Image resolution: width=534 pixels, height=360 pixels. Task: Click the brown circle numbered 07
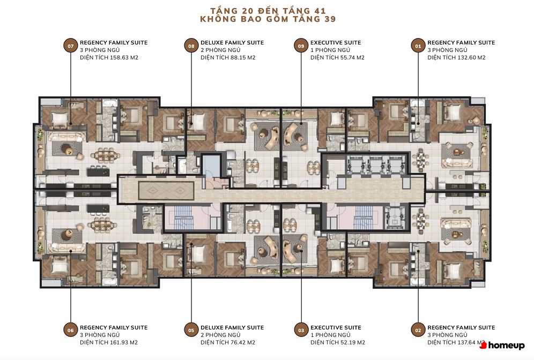tap(70, 46)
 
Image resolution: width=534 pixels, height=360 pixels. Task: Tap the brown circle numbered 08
tap(191, 46)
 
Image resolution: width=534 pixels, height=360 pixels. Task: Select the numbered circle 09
tap(301, 46)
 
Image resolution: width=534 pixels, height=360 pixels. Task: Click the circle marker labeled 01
tap(418, 46)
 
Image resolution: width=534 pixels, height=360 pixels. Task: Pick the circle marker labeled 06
tap(70, 330)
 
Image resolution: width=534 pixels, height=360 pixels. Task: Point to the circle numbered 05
tap(191, 330)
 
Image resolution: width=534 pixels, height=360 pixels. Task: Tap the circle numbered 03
tap(301, 330)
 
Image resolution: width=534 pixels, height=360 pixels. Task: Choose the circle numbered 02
tap(418, 330)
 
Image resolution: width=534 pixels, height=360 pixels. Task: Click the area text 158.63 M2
tap(124, 57)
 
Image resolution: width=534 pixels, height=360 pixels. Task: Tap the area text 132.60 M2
tap(471, 57)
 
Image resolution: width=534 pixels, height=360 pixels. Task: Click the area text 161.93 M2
tap(124, 342)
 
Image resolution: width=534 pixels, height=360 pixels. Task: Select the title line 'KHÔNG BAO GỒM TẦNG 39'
tap(268, 19)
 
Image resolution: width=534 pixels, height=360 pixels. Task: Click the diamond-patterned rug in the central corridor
tap(166, 191)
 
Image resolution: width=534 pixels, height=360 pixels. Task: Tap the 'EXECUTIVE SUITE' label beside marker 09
tap(336, 42)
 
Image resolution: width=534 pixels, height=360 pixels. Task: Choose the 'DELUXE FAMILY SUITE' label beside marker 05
tap(232, 327)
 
